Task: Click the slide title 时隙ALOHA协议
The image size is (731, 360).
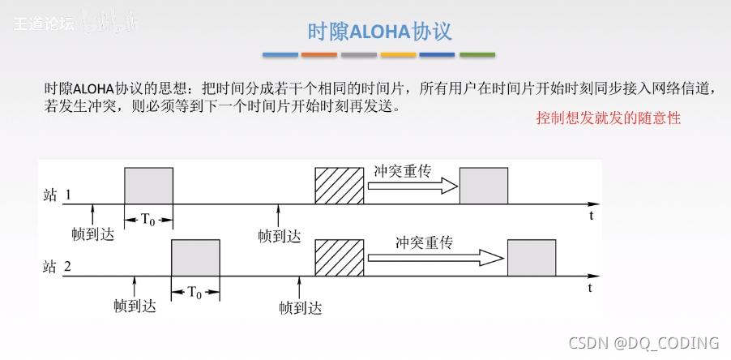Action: [x=379, y=32]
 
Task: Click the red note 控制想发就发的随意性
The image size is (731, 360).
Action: [x=608, y=118]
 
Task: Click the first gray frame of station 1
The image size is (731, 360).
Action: [x=148, y=186]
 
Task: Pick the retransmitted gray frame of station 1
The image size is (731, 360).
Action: [x=484, y=186]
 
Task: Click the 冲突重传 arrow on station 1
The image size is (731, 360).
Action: [x=412, y=186]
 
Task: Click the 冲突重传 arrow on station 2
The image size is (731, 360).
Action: [x=434, y=258]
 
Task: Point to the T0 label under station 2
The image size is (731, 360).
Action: [x=195, y=293]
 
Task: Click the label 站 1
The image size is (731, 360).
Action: [x=58, y=195]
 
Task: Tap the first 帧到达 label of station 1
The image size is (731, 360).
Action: [x=93, y=235]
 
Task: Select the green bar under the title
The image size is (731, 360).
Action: [x=477, y=55]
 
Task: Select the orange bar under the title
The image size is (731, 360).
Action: [x=319, y=55]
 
